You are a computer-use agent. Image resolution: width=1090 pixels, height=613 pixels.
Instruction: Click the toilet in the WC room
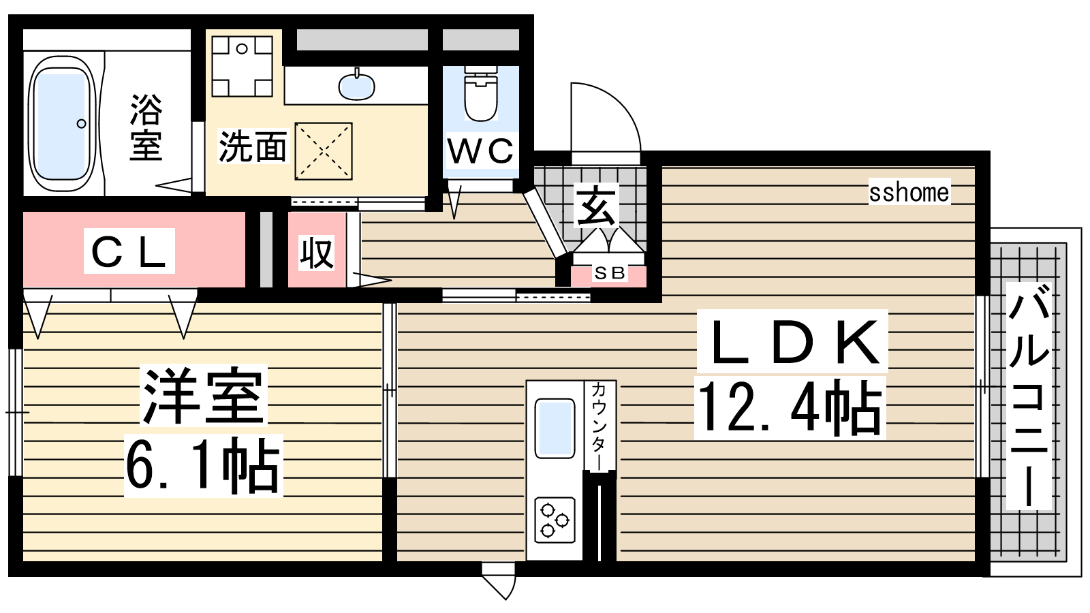[x=481, y=94]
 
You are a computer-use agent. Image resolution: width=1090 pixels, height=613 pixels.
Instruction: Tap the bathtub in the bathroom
[x=62, y=124]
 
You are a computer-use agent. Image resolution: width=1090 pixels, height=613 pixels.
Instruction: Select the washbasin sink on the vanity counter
[x=357, y=86]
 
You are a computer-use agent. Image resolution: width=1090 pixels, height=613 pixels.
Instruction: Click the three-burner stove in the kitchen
[x=555, y=520]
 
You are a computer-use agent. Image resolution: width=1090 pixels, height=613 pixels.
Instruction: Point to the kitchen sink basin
[x=555, y=428]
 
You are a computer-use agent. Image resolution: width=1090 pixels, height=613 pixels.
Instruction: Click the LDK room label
[x=792, y=342]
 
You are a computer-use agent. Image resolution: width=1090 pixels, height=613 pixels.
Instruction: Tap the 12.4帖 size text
[x=790, y=408]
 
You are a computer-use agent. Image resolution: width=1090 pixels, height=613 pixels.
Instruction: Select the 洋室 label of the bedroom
[x=204, y=396]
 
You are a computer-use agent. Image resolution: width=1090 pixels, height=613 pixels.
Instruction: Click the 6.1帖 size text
[x=204, y=466]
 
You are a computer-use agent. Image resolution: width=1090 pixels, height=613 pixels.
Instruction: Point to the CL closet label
[x=129, y=251]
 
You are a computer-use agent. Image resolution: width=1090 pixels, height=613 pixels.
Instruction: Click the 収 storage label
[x=316, y=253]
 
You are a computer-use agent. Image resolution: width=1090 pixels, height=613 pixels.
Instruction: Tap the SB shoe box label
[x=609, y=273]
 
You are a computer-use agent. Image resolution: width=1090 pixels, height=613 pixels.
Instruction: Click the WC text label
[x=480, y=151]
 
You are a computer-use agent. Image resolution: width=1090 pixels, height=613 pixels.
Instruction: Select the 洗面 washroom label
[x=252, y=146]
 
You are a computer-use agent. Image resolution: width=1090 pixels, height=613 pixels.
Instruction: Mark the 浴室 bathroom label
[x=146, y=127]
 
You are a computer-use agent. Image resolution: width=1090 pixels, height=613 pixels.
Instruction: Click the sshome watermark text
[x=909, y=193]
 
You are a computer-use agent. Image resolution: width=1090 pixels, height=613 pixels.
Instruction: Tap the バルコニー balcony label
[x=1028, y=396]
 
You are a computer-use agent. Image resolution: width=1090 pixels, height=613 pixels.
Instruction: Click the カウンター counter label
[x=599, y=426]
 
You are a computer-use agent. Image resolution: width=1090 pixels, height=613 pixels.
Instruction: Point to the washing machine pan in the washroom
[x=324, y=151]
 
